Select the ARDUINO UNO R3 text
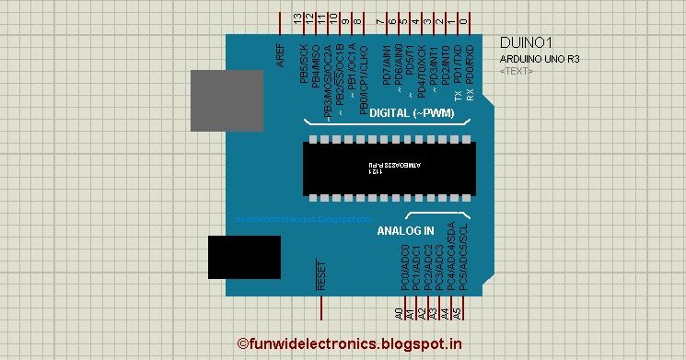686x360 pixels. [x=540, y=60]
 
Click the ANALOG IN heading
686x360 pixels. [x=405, y=231]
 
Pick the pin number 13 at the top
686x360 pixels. [x=297, y=18]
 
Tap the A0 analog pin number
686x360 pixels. [x=399, y=314]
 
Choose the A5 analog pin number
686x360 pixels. [x=457, y=314]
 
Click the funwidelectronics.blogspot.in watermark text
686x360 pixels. [x=351, y=343]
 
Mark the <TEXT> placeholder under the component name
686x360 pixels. [x=516, y=71]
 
